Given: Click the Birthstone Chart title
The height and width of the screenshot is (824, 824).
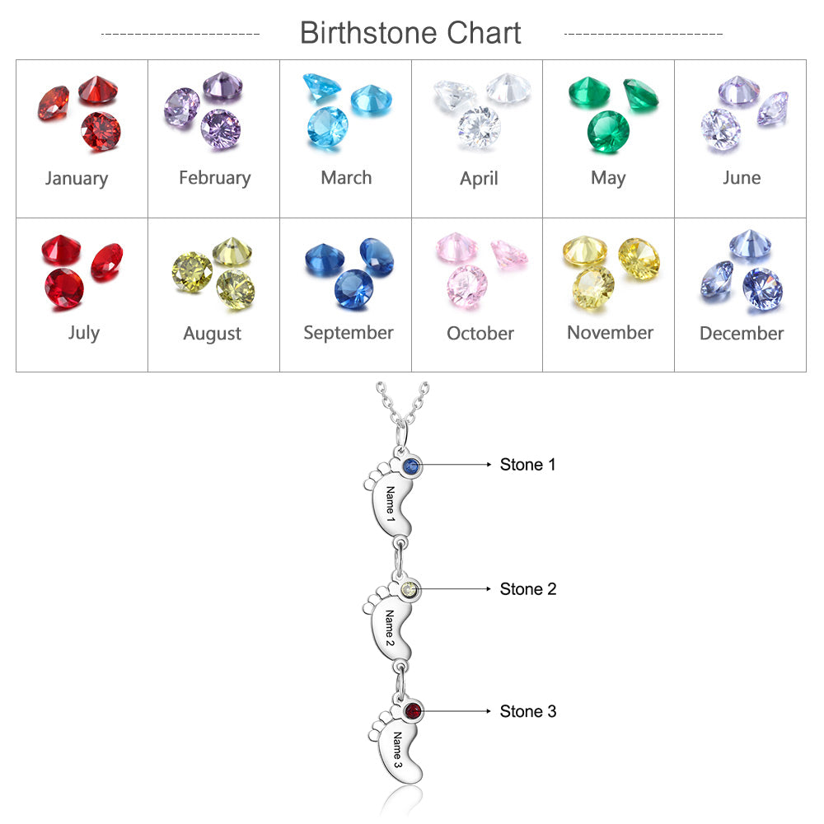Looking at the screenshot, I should click(410, 33).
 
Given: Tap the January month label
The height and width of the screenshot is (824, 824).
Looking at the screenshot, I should click(77, 178).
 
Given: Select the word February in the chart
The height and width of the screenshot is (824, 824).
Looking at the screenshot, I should click(214, 178).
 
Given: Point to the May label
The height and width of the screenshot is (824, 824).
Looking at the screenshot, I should click(608, 178).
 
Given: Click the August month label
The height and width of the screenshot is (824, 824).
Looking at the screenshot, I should click(213, 334).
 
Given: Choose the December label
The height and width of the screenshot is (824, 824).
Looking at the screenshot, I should click(742, 334).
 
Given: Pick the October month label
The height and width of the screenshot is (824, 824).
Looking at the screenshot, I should click(480, 334).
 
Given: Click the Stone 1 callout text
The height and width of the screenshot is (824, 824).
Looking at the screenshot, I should click(527, 465).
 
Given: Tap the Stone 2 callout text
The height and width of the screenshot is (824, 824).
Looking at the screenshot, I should click(527, 589).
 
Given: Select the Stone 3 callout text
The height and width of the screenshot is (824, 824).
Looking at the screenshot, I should click(527, 711).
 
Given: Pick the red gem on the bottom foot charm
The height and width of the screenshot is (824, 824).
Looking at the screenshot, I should click(414, 711).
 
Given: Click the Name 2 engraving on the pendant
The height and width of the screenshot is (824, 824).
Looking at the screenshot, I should click(390, 629).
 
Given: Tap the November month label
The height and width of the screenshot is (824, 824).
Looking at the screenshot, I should click(610, 333).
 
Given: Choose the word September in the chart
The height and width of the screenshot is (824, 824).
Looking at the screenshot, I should click(348, 333).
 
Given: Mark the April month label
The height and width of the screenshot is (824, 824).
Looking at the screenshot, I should click(479, 179).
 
